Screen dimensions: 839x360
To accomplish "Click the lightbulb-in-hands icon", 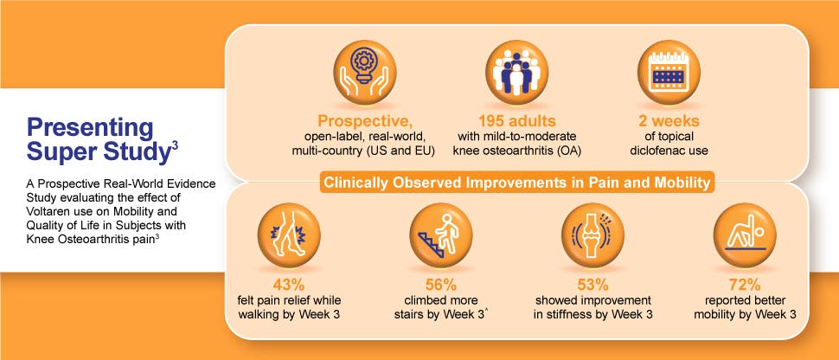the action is (x=364, y=72).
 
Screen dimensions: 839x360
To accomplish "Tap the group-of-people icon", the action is (x=516, y=72).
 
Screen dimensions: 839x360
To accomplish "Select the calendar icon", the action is (x=669, y=72).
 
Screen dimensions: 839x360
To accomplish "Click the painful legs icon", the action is (x=289, y=235).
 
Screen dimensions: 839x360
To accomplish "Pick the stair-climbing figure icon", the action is (x=441, y=235).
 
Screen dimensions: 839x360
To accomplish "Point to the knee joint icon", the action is (x=592, y=235).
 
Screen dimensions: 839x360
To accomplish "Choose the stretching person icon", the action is (x=745, y=235).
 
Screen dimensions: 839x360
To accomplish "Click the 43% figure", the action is (x=289, y=285).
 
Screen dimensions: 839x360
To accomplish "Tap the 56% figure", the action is (x=441, y=285).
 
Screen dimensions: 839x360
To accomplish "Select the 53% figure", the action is (x=592, y=285).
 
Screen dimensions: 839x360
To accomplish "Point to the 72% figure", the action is (x=745, y=285).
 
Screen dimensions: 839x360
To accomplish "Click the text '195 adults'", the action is (x=516, y=120).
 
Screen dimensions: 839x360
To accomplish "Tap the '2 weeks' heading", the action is (x=669, y=120).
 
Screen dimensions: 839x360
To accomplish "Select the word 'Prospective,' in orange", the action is (x=363, y=120).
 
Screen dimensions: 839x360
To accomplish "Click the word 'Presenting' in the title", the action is (x=90, y=129).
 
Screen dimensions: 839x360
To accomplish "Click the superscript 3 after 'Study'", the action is (x=176, y=145).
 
